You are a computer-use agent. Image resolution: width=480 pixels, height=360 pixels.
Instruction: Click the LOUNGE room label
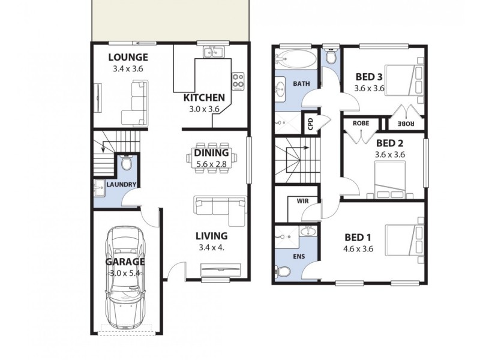(128, 58)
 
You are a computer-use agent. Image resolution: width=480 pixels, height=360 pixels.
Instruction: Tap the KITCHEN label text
(204, 98)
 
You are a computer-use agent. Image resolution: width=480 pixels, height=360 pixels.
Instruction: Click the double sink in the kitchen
(212, 52)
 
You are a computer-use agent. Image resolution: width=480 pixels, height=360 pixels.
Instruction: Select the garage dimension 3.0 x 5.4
(127, 274)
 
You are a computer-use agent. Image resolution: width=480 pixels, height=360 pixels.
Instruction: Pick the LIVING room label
(211, 236)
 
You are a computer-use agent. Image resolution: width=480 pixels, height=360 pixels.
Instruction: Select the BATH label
(301, 84)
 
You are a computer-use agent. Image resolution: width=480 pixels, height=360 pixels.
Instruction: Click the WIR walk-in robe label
(302, 200)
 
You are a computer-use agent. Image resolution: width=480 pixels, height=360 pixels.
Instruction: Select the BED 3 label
(369, 77)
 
